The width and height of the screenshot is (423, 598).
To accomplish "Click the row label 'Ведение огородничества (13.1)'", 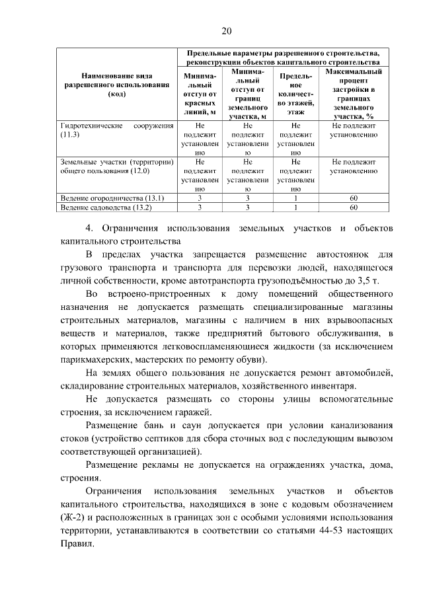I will [x=112, y=198].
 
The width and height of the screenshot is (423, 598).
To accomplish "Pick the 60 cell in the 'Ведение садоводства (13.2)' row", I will [x=354, y=207].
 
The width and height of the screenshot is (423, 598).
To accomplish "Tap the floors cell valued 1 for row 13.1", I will [x=295, y=198].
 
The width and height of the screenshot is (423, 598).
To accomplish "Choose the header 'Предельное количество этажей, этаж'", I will [x=295, y=93].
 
